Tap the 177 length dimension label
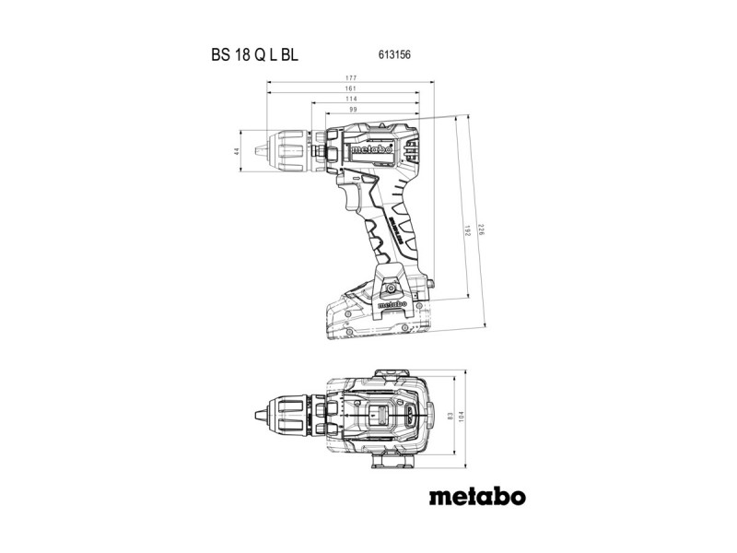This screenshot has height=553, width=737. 351,77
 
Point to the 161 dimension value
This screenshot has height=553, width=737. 351,88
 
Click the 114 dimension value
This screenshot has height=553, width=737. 351,100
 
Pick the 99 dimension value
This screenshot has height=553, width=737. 351,111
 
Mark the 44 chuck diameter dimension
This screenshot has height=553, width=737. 237,150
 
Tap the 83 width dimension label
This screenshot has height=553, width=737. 449,418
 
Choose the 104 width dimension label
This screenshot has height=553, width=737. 463,418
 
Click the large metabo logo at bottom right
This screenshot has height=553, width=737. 477,497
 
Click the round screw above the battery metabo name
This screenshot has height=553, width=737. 391,287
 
